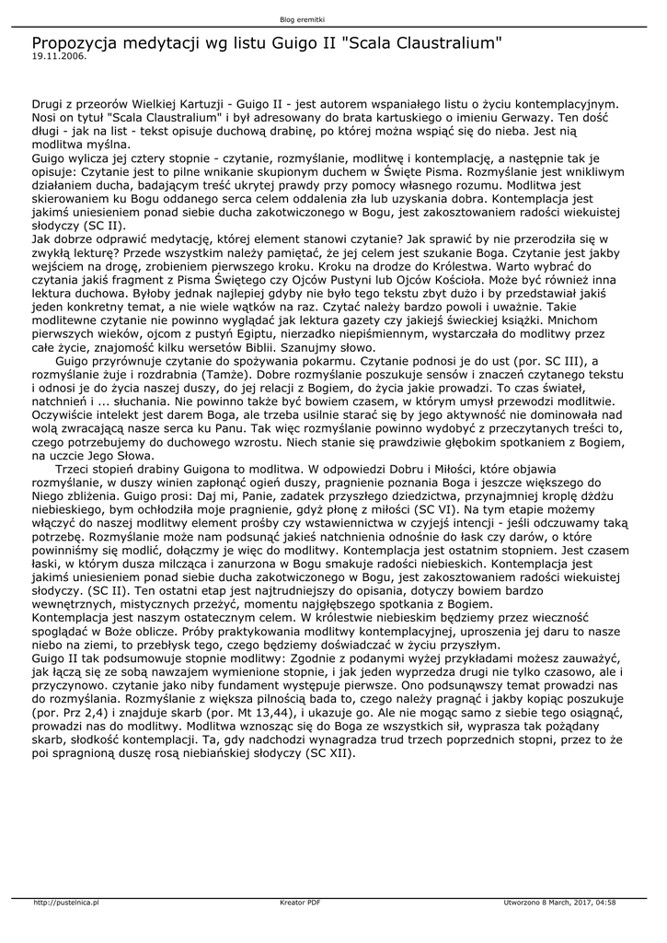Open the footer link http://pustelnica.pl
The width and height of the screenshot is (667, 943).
(x=66, y=902)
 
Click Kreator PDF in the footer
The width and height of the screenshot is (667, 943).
(x=300, y=902)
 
